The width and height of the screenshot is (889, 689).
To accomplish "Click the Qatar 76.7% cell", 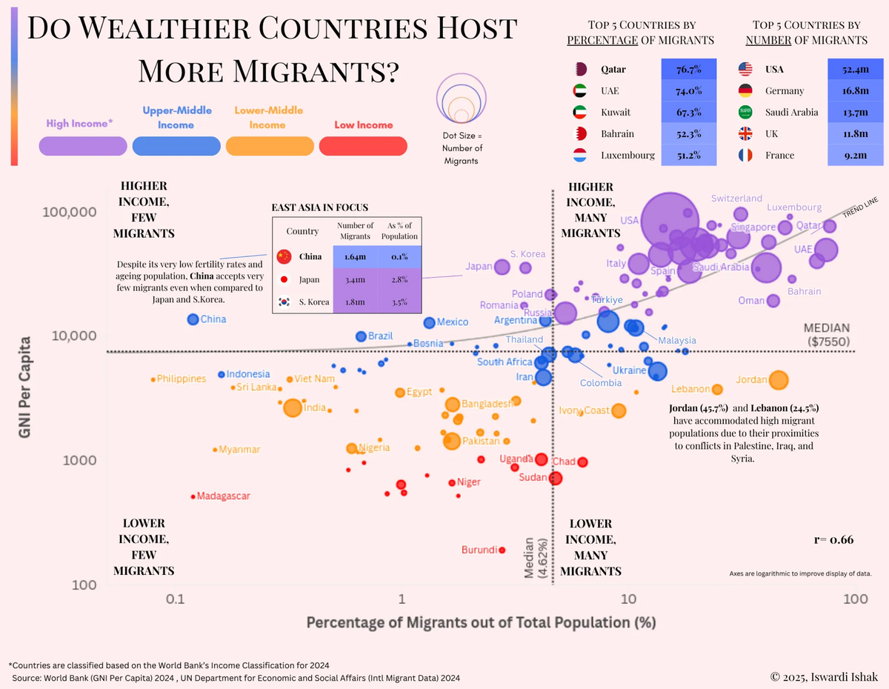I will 688,70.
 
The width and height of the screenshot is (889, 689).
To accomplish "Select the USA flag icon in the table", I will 746,70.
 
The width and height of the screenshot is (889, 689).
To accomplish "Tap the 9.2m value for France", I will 854,156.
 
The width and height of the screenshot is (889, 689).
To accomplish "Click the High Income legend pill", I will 84,146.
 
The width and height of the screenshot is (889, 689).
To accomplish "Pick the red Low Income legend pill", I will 363,146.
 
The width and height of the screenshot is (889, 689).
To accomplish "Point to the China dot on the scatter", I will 193,319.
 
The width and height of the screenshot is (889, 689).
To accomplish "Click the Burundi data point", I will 502,550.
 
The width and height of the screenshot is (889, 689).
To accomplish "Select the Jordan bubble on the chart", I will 779,380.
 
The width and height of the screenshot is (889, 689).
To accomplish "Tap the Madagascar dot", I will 193,496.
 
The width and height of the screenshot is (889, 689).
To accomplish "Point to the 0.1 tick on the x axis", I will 175,599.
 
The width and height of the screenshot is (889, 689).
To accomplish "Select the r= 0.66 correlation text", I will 833,539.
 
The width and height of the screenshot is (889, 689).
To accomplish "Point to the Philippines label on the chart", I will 181,379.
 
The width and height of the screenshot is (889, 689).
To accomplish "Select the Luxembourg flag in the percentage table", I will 582,156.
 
